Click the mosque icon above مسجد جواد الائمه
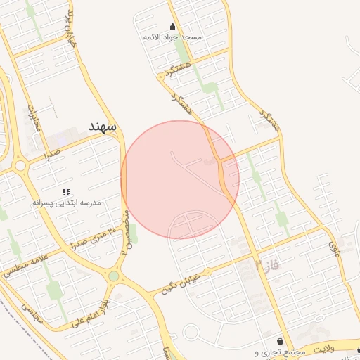[x=173, y=27]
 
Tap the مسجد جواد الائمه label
[x=173, y=36]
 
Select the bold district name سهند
[x=102, y=125]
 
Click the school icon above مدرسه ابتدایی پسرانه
[x=67, y=192]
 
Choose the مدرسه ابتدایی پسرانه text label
[x=67, y=202]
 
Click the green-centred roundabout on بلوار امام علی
[x=113, y=276]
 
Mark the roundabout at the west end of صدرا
[x=20, y=167]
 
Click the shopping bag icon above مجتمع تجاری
[x=281, y=341]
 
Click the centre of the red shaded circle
[x=180, y=180]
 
